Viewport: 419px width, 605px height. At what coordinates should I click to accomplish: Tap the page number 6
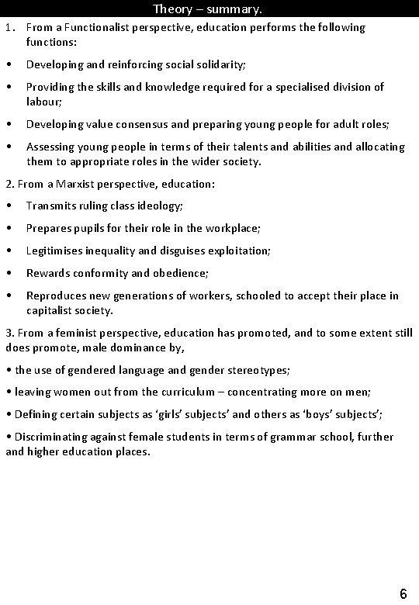tap(403, 594)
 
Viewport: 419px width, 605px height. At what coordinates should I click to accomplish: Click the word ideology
tap(161, 206)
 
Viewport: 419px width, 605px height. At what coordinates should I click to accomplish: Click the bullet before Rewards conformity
tap(9, 274)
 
